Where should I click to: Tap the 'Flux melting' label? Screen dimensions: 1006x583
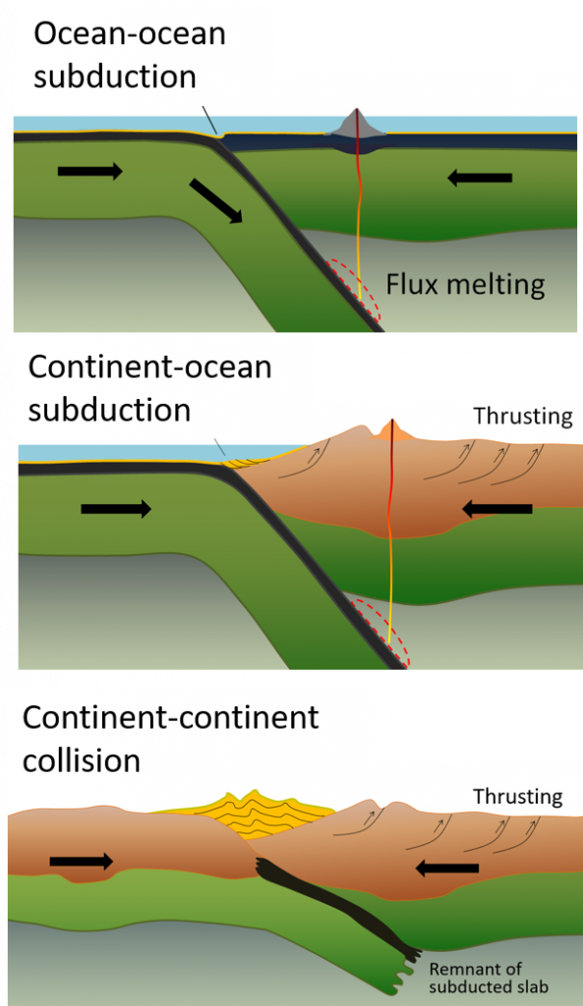(465, 285)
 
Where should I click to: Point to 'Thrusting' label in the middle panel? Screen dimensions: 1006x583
(522, 417)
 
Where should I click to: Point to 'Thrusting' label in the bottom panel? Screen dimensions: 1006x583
(517, 796)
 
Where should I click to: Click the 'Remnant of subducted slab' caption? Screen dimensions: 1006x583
(488, 977)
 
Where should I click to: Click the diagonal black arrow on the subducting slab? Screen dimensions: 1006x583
(216, 201)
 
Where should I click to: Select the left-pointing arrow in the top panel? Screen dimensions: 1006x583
(480, 178)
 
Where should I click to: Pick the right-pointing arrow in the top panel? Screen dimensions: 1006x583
(90, 172)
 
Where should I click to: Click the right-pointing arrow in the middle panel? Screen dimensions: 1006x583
(116, 509)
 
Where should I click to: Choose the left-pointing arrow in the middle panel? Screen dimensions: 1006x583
(496, 509)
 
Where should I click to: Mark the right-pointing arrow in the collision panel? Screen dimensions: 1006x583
(82, 862)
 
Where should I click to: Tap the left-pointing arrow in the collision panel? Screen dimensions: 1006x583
(446, 868)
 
